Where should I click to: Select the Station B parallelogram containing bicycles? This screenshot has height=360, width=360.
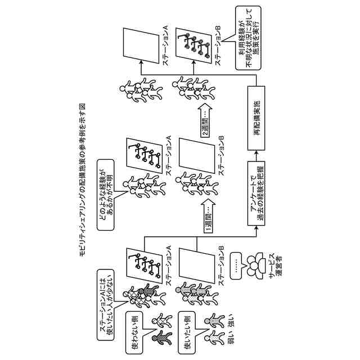point(194,43)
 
